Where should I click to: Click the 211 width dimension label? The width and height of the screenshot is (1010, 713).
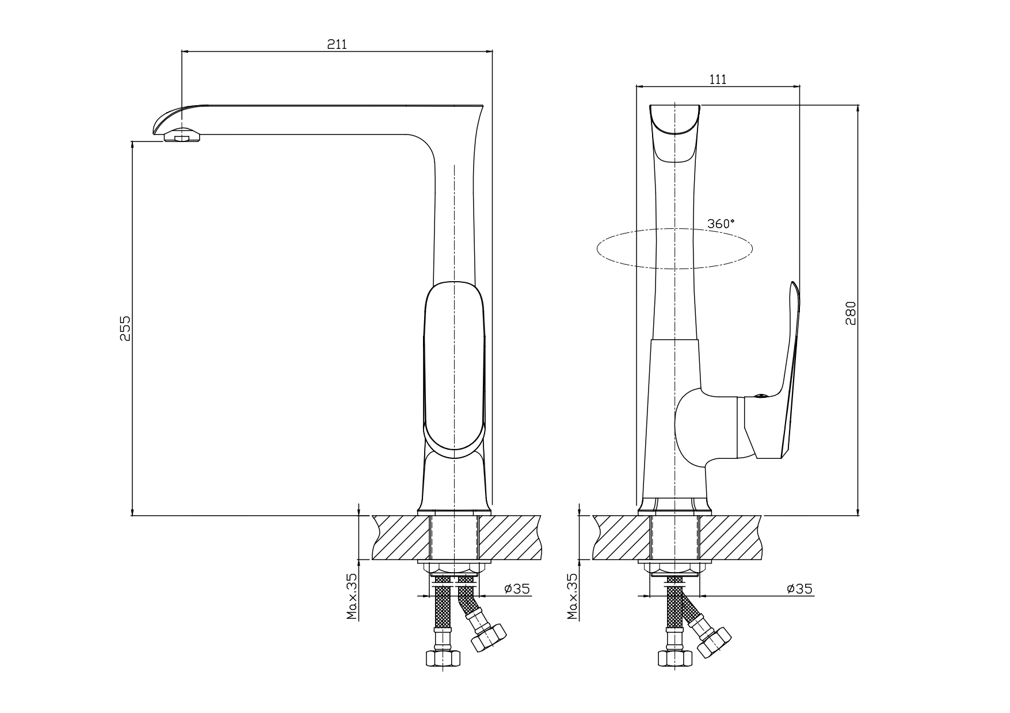337,44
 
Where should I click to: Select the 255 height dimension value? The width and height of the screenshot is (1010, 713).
125,328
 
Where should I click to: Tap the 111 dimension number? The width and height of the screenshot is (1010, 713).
717,79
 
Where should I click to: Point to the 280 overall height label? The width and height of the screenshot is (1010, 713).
851,313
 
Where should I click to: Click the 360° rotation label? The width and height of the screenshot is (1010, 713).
721,224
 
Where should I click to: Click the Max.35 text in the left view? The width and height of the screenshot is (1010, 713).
352,596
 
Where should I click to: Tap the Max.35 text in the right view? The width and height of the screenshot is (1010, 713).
572,596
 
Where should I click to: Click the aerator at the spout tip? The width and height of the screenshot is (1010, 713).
182,137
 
